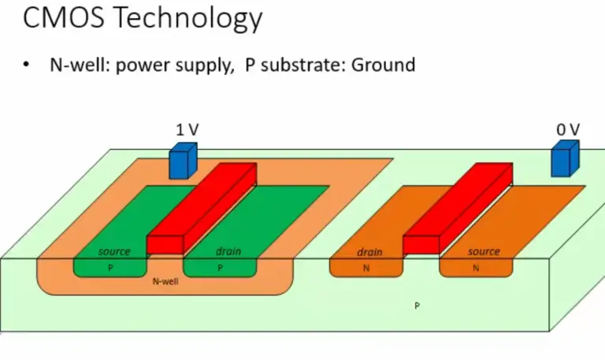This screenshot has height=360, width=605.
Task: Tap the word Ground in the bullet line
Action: click(383, 65)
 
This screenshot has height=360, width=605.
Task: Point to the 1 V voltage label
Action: click(185, 128)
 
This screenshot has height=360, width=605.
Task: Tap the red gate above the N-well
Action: click(202, 208)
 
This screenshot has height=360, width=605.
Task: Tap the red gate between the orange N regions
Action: click(457, 208)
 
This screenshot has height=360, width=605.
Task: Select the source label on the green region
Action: click(114, 252)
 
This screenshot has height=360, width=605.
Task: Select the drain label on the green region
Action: click(228, 252)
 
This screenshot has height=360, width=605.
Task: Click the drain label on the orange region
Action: click(369, 253)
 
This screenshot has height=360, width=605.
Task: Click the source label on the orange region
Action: click(484, 252)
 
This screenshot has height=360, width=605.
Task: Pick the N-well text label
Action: click(164, 280)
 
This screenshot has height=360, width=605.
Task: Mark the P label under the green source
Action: click(110, 268)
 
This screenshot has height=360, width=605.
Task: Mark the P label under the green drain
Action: click(221, 268)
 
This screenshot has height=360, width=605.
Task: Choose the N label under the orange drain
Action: click(366, 268)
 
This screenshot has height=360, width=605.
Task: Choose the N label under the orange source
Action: click(476, 268)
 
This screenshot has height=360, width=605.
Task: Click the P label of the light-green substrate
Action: click(417, 305)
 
